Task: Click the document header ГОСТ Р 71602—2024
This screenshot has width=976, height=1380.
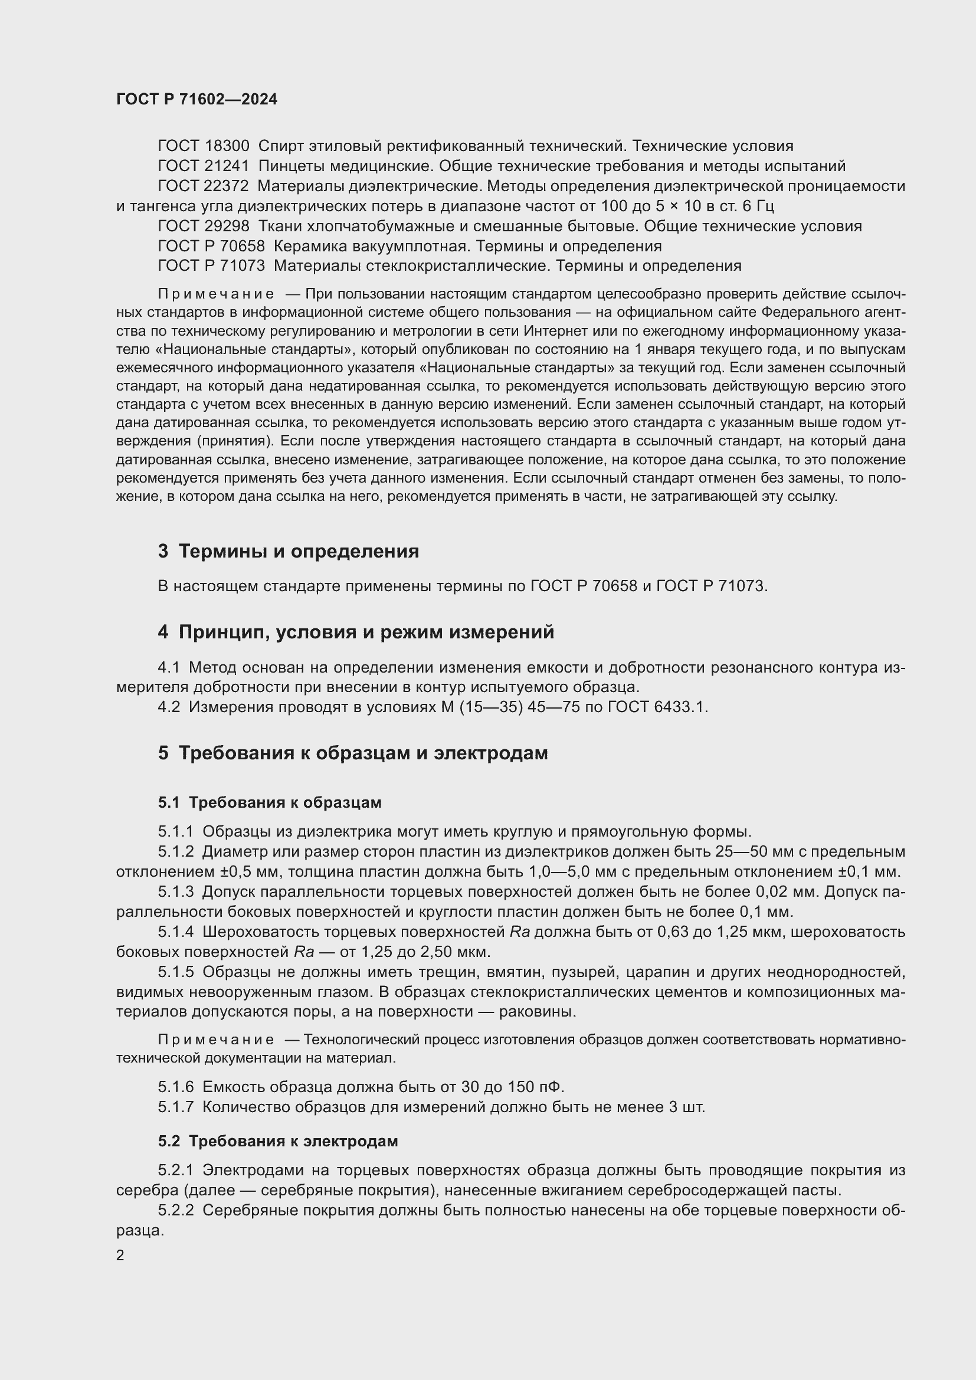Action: [x=196, y=100]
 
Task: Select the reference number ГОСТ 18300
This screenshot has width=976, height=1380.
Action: [x=203, y=146]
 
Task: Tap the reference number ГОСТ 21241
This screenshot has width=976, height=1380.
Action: [x=203, y=166]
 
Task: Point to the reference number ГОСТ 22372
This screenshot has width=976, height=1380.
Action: [x=203, y=186]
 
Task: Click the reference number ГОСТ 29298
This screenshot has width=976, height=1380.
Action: [x=203, y=227]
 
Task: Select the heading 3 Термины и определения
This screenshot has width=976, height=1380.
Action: [x=289, y=551]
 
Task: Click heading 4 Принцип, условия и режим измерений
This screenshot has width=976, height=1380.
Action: [x=356, y=632]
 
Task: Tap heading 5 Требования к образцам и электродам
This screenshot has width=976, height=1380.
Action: [x=353, y=753]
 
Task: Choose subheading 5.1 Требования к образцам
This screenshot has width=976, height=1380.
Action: [x=270, y=802]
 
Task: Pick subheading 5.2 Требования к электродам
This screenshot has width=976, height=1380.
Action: [x=278, y=1141]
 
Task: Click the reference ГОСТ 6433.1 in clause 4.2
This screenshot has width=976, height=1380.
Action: [x=657, y=707]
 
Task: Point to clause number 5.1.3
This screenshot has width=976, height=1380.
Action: [x=175, y=892]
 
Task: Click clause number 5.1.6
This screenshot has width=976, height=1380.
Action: [x=175, y=1087]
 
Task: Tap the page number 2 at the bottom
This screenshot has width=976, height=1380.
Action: [x=120, y=1256]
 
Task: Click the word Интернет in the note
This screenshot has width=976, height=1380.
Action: [x=552, y=331]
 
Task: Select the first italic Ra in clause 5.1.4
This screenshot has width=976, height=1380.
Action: [x=519, y=932]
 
